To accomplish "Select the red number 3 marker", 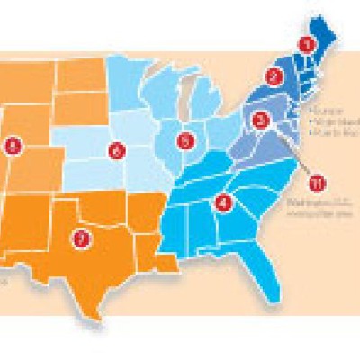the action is [261, 119].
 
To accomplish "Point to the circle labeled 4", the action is [224, 202].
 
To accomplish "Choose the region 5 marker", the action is [185, 140].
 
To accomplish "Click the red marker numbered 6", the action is [115, 150].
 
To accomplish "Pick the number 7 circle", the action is [82, 238].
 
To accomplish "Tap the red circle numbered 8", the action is [13, 144].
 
